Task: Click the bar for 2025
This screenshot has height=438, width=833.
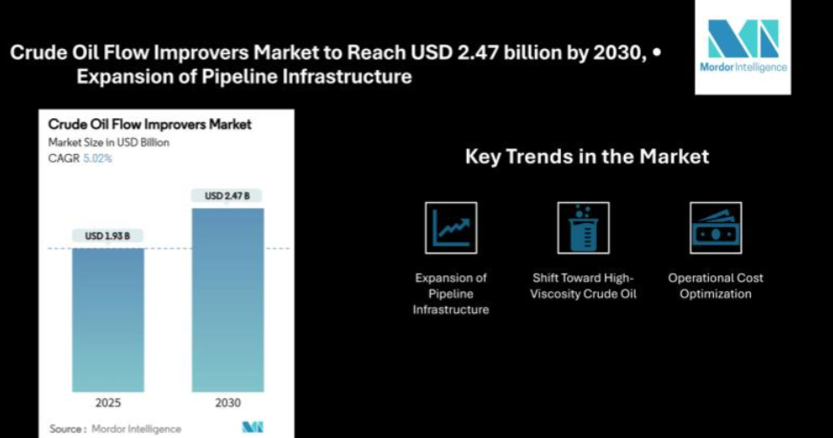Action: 108,320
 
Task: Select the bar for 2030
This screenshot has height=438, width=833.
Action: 227,301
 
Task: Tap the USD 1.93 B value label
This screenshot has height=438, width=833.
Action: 108,235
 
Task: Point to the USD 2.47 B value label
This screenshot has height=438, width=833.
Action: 227,196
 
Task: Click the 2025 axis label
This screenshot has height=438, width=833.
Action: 108,403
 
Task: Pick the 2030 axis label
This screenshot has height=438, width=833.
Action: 227,403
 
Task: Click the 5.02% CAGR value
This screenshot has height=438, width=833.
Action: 98,158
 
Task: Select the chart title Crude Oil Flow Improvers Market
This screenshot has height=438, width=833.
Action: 149,124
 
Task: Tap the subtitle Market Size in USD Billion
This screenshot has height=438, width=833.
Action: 108,143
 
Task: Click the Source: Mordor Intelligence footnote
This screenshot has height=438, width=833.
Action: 115,428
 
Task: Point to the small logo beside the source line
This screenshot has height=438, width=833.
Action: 253,428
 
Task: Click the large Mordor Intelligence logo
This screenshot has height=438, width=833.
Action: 743,47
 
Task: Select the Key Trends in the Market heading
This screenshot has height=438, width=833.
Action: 587,156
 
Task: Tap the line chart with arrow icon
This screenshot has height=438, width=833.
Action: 451,228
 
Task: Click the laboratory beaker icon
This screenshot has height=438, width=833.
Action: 583,228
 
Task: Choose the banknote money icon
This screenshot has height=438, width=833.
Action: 716,228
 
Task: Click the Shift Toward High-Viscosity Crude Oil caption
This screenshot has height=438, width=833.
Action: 583,286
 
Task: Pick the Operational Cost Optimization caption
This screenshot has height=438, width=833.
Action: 716,286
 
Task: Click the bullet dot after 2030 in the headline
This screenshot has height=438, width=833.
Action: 657,52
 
